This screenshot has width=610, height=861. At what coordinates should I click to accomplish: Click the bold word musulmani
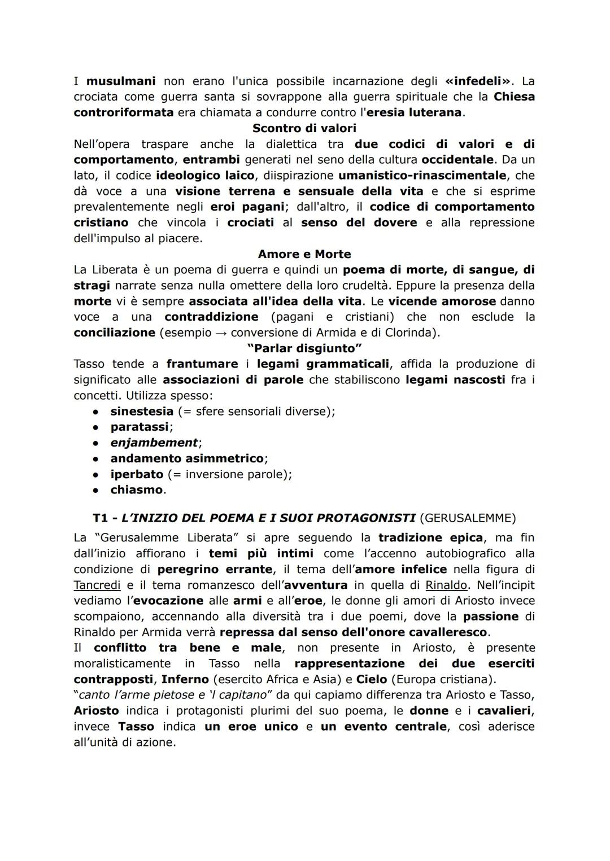tap(120, 81)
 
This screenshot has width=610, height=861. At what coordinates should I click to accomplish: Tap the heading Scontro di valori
tap(304, 128)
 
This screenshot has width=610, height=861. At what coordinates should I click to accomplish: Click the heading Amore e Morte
tap(304, 254)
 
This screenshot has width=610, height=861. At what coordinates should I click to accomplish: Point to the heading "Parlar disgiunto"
tap(304, 348)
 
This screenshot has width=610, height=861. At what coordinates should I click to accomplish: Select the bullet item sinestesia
tap(141, 411)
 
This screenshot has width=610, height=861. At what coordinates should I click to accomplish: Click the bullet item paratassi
tap(140, 427)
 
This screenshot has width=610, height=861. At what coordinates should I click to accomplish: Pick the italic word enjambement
tap(154, 443)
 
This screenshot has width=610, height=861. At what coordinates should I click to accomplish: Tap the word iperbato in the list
tap(137, 474)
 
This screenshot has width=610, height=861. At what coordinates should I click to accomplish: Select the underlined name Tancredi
tap(97, 585)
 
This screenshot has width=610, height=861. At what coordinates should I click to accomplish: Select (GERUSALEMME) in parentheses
tap(468, 518)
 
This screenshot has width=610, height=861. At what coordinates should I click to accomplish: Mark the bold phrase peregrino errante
tap(215, 569)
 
